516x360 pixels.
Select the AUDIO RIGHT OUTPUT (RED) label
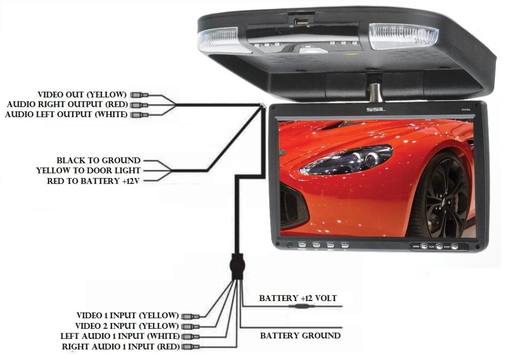(68, 105)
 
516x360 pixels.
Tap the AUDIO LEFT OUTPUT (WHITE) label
(67, 115)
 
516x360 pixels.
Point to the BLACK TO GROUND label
(98, 161)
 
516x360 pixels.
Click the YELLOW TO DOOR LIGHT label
(88, 171)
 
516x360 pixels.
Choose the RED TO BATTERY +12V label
(93, 181)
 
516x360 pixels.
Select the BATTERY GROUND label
(300, 336)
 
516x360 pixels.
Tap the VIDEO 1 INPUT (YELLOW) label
(127, 316)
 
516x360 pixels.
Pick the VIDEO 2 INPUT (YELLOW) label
(126, 326)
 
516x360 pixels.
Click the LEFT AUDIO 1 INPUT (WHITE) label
(119, 336)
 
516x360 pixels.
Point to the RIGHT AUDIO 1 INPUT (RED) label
(120, 347)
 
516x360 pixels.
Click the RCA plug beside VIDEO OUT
(140, 95)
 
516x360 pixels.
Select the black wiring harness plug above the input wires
(237, 266)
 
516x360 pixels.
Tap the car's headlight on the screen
(352, 159)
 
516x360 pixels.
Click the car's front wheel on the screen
(443, 197)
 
